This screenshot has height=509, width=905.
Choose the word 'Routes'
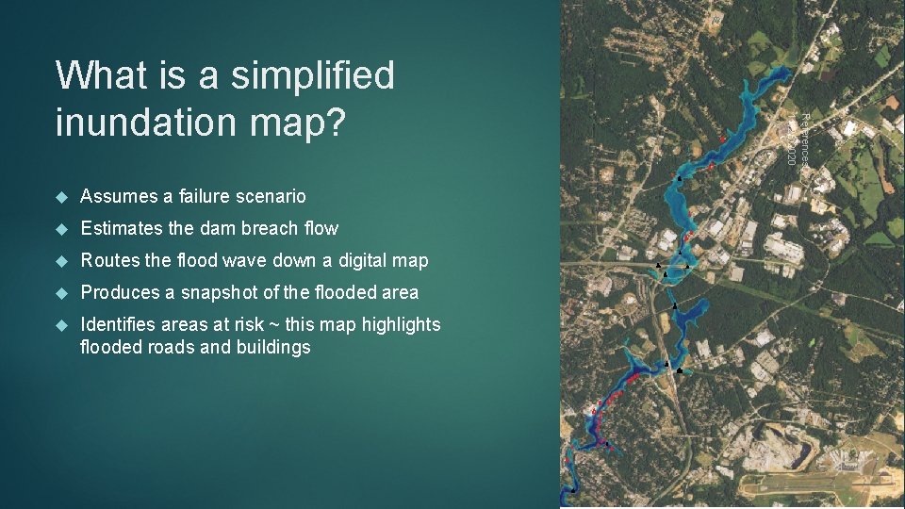109,260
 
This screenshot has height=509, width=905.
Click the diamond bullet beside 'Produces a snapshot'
61,292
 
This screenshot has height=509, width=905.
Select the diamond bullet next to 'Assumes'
61,196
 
